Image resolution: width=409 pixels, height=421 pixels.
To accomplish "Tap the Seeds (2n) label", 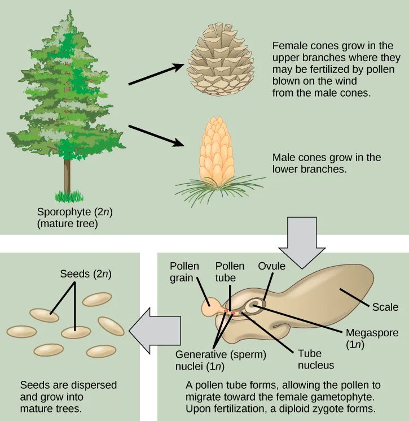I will click(85, 274).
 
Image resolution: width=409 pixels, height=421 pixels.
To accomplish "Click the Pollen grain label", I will click(183, 272).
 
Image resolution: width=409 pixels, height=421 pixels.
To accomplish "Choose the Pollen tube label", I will click(230, 272).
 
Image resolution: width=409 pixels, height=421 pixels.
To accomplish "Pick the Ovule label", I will click(272, 266).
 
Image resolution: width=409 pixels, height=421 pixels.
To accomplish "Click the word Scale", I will click(385, 307).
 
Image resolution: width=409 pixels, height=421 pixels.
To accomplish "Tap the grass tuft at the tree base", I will click(68, 196).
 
